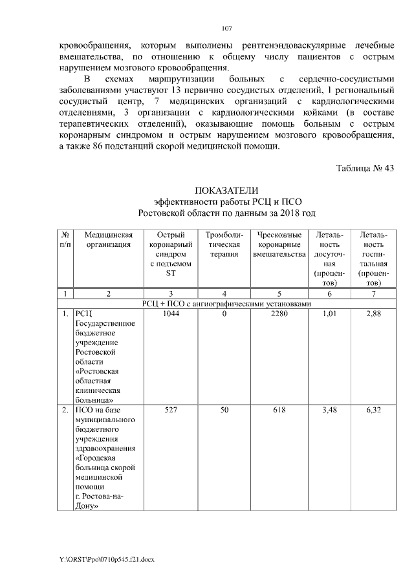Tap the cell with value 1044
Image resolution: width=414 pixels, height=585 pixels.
[x=171, y=314]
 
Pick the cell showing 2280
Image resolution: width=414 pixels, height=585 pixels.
[x=279, y=314]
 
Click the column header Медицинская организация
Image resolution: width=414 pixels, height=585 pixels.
[x=109, y=240]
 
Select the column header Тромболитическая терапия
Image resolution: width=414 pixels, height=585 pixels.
[x=224, y=245]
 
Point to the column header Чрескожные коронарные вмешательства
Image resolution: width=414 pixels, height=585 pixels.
[x=279, y=245]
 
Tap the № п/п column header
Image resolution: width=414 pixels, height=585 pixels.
[x=65, y=240]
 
